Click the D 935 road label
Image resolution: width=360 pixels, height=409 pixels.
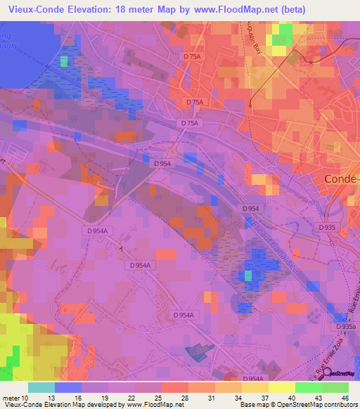pos(326,227)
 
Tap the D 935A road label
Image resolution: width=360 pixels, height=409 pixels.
pos(345,327)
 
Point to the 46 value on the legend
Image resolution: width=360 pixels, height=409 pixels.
pos(344,398)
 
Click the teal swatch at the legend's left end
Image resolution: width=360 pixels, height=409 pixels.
pos(41,387)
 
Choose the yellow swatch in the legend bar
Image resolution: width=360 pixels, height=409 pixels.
pos(281,387)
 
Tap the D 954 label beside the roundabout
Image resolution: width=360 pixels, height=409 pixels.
pos(162,162)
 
